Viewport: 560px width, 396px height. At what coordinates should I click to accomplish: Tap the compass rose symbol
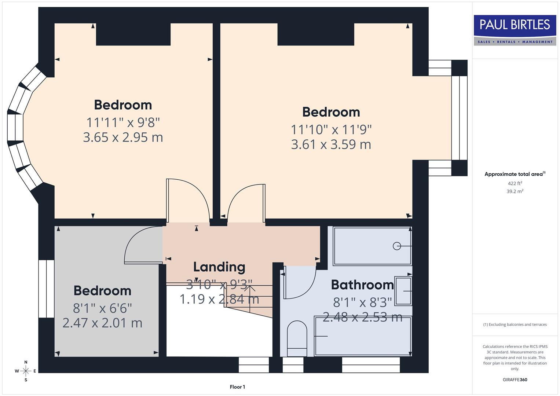pyautogui.click(x=26, y=371)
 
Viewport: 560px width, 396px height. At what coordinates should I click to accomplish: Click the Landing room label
pyautogui.click(x=219, y=267)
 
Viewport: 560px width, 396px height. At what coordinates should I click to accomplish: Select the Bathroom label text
pyautogui.click(x=362, y=285)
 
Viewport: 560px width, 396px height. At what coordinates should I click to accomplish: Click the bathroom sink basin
pyautogui.click(x=403, y=291)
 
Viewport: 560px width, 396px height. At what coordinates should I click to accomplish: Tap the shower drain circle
pyautogui.click(x=396, y=246)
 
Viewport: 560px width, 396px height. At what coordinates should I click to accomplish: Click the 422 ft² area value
pyautogui.click(x=515, y=183)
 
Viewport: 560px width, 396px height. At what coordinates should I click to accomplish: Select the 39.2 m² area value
pyautogui.click(x=515, y=191)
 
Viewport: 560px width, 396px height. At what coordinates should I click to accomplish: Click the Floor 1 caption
pyautogui.click(x=237, y=387)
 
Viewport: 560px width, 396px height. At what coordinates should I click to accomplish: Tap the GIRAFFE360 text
pyautogui.click(x=515, y=379)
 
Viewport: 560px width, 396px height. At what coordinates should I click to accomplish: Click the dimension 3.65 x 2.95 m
pyautogui.click(x=123, y=137)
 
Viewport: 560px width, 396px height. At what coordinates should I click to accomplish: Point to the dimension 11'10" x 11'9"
pyautogui.click(x=331, y=129)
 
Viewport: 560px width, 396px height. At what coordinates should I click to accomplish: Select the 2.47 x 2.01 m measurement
pyautogui.click(x=102, y=323)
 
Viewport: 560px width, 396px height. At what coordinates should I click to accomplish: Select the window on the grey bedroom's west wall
pyautogui.click(x=46, y=289)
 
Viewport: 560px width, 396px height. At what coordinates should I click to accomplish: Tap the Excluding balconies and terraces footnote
pyautogui.click(x=515, y=324)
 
